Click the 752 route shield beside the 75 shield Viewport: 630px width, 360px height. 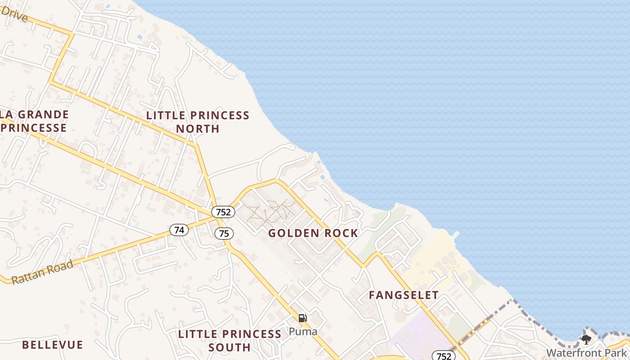[x=223, y=212]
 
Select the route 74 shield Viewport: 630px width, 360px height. [x=179, y=230]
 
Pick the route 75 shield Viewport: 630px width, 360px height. [x=224, y=234]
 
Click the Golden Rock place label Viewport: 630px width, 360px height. [x=313, y=233]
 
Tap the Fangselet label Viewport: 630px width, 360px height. [x=404, y=295]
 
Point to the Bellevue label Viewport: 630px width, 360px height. [x=53, y=345]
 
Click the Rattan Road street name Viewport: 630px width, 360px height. [x=42, y=272]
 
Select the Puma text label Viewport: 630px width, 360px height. [x=303, y=332]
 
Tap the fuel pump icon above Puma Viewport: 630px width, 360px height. [x=303, y=318]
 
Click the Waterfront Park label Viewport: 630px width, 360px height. [x=587, y=352]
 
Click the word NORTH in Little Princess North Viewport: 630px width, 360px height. [x=198, y=129]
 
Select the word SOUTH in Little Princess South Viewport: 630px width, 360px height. [x=229, y=347]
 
